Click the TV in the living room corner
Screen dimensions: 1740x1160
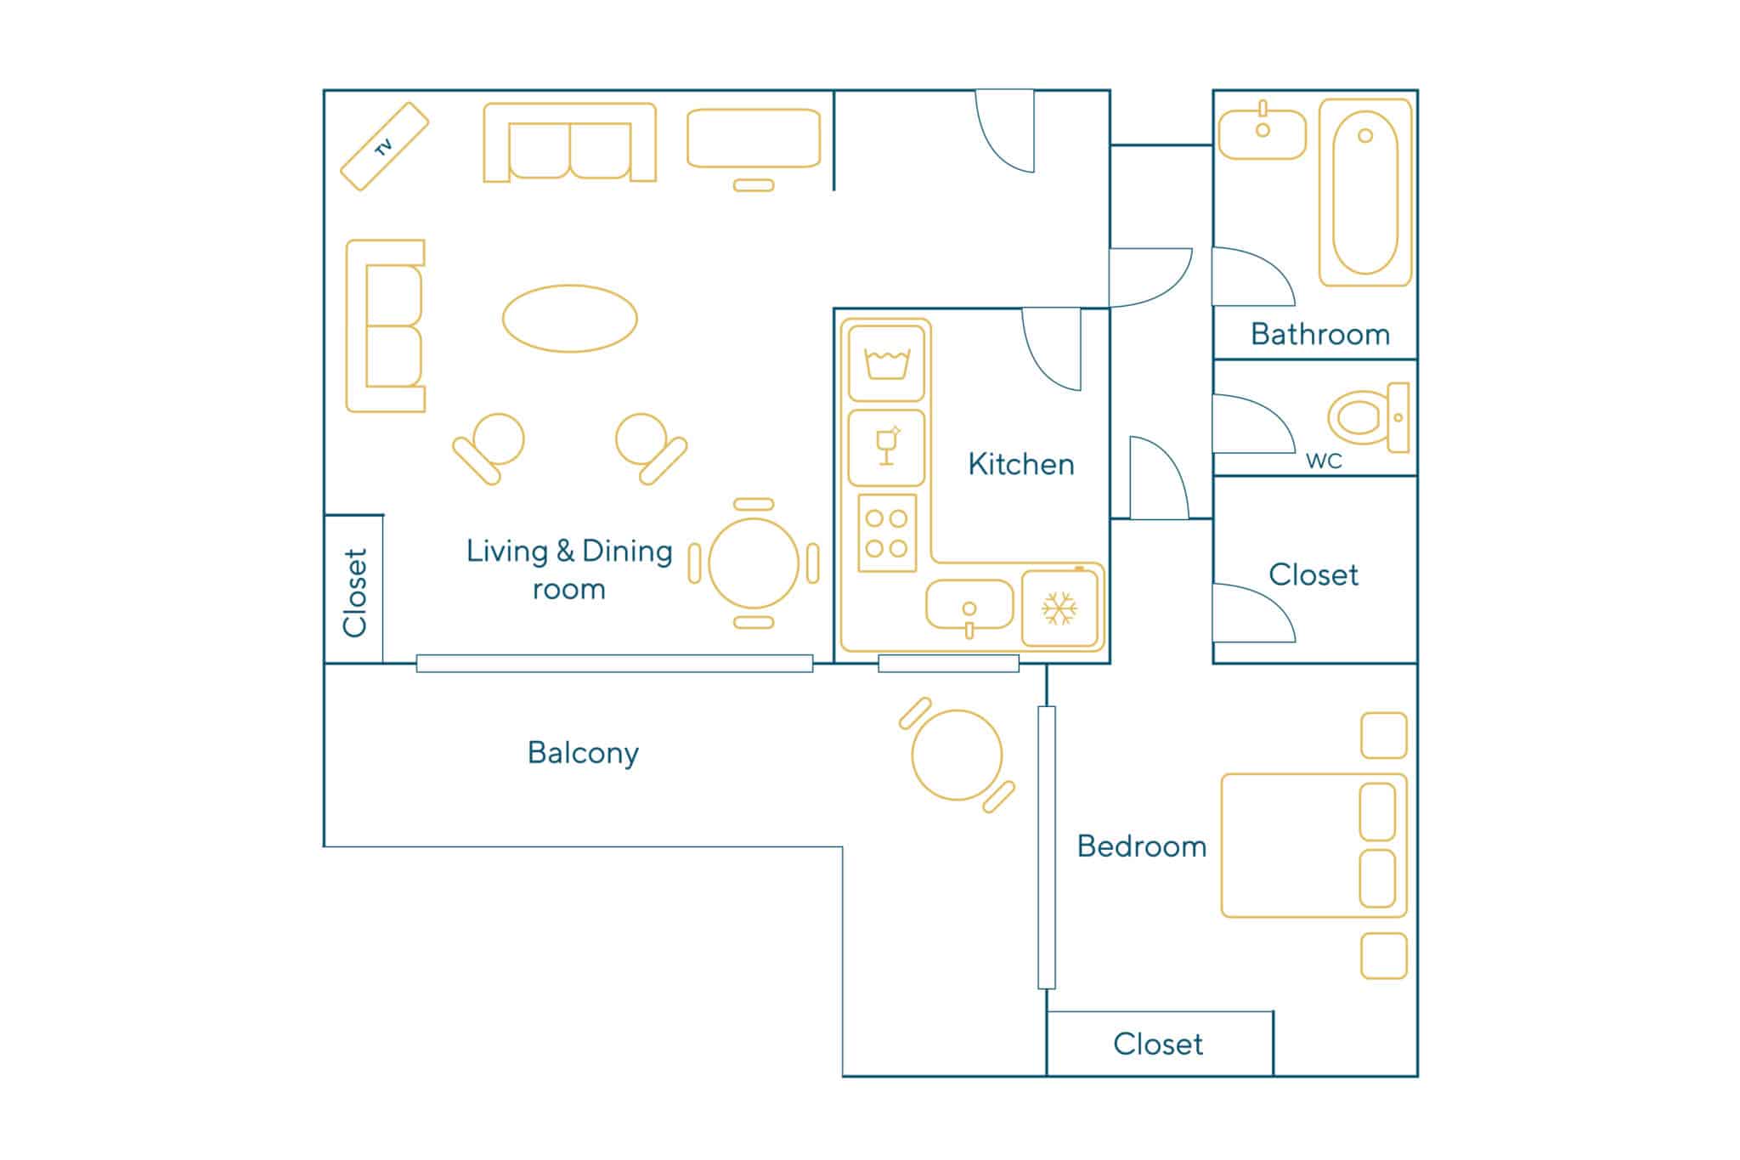[384, 146]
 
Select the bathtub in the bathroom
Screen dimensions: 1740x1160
[1365, 193]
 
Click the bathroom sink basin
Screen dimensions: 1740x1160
[1263, 133]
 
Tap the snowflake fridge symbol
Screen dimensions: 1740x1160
[1059, 608]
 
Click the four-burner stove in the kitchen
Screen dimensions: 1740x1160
[887, 533]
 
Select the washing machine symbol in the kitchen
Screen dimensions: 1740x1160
[886, 364]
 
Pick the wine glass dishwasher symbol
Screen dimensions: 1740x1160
[886, 448]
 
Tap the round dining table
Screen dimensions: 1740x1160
[754, 563]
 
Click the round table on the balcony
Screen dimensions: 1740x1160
[957, 755]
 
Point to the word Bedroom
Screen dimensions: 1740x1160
[1142, 846]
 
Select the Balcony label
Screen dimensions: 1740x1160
[583, 754]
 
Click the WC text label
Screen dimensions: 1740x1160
[1324, 461]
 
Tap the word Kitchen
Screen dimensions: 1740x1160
[1021, 464]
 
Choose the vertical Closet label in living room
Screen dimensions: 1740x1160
[354, 592]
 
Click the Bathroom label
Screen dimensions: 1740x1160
[1320, 334]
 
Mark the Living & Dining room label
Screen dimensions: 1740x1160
[569, 569]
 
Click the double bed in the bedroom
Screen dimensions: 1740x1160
[1314, 846]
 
